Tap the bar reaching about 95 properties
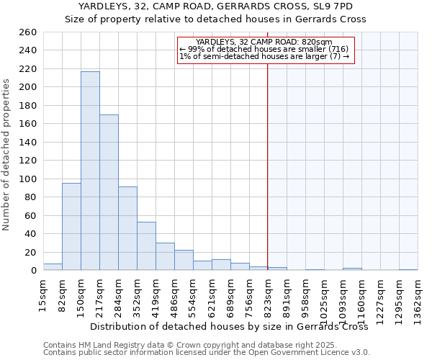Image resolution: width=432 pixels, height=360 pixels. pyautogui.click(x=71, y=227)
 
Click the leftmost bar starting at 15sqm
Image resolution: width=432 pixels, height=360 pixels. pyautogui.click(x=53, y=267)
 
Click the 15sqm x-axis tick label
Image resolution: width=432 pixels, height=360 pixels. pyautogui.click(x=43, y=297)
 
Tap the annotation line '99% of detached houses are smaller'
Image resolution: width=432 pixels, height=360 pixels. pyautogui.click(x=264, y=49)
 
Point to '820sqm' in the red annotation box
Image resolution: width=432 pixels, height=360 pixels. pyautogui.click(x=318, y=42)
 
